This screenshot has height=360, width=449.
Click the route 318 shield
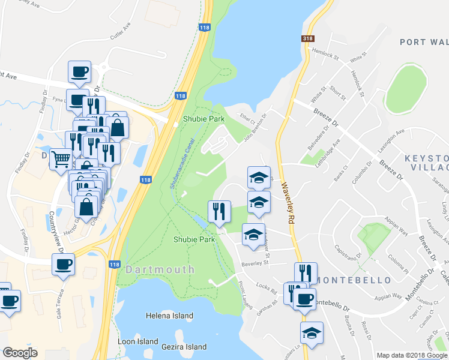click(x=308, y=39)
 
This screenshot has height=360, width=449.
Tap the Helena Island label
click(x=170, y=316)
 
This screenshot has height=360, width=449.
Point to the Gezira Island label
click(x=184, y=347)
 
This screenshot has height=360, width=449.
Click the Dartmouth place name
click(x=160, y=270)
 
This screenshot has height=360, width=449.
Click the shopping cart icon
click(x=61, y=159)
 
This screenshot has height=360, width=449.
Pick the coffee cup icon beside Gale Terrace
click(x=63, y=264)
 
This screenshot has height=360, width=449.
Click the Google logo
click(x=20, y=353)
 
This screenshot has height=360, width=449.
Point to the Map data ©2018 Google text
click(x=412, y=355)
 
